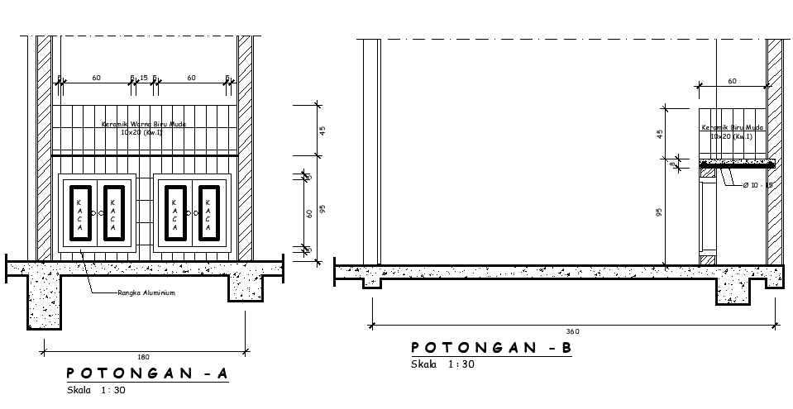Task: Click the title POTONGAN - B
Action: point(491,348)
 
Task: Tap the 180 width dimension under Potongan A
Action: point(143,356)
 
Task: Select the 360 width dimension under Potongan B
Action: point(574,331)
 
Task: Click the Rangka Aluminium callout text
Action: point(146,292)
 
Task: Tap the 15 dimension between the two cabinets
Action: point(143,78)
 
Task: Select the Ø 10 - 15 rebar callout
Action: point(757,184)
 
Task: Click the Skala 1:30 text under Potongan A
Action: point(96,390)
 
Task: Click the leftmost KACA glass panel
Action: point(79,213)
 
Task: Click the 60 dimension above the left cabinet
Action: point(97,78)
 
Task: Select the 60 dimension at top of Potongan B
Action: point(732,81)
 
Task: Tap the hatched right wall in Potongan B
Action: point(774,149)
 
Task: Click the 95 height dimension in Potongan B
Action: point(660,212)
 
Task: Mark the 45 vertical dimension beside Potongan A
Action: point(323,130)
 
